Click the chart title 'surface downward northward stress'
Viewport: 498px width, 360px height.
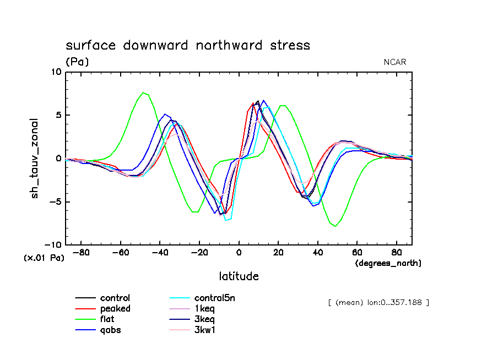(x=188, y=45)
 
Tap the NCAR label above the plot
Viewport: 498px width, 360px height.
(x=395, y=62)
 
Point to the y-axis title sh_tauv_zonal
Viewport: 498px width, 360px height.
(x=35, y=158)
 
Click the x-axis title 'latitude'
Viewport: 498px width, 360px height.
(x=239, y=276)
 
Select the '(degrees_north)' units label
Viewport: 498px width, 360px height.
(x=388, y=264)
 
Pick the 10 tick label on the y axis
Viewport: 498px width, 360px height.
(x=56, y=72)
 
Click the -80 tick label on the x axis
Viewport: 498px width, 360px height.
(x=82, y=253)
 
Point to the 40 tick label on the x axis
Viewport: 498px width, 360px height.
(x=317, y=253)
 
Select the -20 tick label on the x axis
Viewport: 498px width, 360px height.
(x=199, y=253)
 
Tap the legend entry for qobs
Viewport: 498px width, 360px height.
(x=111, y=330)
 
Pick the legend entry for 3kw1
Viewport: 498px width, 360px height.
(x=204, y=330)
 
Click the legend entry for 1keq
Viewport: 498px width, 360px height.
(x=204, y=309)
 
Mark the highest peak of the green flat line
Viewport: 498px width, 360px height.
(x=143, y=92)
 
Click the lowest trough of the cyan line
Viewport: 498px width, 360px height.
(x=226, y=220)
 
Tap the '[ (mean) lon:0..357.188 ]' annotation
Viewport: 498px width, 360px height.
(x=378, y=302)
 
